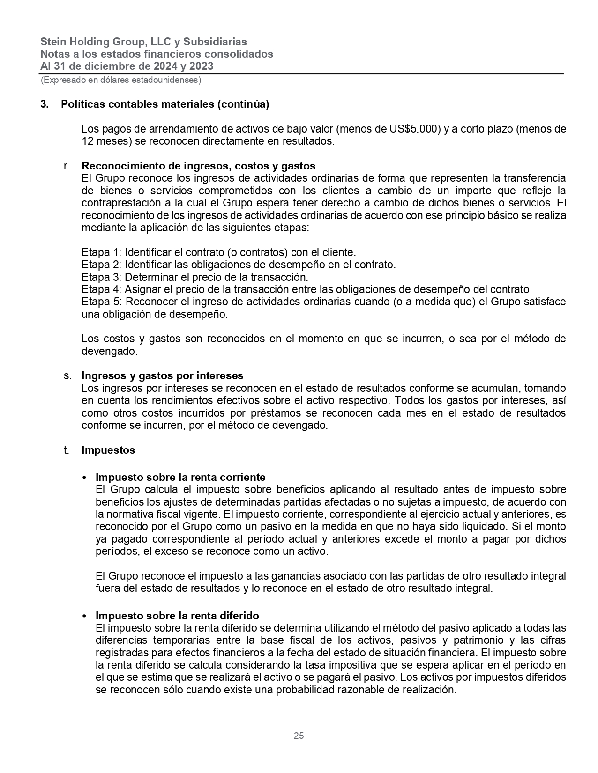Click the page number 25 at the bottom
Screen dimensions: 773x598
pos(299,736)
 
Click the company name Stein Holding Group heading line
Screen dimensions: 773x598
pos(143,42)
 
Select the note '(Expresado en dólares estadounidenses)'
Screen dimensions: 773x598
pos(121,80)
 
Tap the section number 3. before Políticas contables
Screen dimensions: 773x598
pos(45,104)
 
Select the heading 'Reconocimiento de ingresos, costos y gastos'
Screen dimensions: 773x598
pos(198,166)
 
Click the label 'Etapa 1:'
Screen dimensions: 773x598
pos(102,252)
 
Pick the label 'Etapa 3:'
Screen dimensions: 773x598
pos(102,277)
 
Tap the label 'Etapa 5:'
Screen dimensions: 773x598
pos(102,302)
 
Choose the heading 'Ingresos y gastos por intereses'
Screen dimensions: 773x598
pos(162,375)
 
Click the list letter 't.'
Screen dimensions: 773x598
pos(67,450)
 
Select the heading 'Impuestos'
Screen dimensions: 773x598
pos(108,450)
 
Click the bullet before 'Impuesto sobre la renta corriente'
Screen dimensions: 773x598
pos(84,478)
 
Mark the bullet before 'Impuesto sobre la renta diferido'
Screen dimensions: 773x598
pos(84,616)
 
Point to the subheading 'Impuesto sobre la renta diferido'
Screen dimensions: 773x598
pos(177,615)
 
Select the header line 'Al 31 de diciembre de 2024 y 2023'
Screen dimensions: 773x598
pos(127,66)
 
